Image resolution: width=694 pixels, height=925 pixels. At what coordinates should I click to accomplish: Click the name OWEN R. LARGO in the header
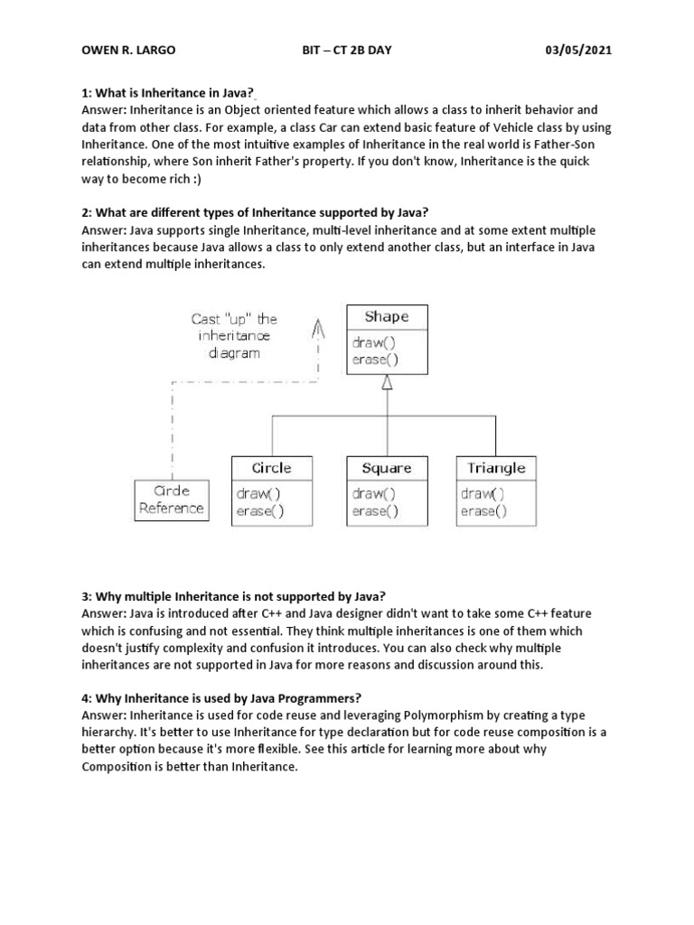click(128, 50)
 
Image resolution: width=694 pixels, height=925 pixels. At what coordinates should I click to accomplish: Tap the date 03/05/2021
click(574, 50)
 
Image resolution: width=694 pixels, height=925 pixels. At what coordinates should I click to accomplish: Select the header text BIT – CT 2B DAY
click(346, 50)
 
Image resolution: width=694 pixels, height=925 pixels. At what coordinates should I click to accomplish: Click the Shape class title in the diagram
click(387, 317)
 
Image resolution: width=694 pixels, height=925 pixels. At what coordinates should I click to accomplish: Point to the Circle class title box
click(271, 467)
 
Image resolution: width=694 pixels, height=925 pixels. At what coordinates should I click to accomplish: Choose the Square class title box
click(386, 467)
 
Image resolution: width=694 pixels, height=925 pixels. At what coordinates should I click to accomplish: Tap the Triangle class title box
click(496, 467)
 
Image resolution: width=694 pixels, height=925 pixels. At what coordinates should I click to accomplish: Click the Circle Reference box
click(172, 500)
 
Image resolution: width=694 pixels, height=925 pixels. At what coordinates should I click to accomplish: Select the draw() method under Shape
click(375, 343)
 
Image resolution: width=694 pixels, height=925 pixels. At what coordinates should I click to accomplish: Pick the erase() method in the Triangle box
click(483, 510)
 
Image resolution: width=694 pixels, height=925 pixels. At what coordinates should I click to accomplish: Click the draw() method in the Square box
click(375, 493)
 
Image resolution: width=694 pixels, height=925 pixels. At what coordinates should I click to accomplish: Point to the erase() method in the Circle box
click(260, 510)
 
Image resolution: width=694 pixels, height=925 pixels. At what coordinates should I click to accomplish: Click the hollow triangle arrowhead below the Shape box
click(387, 383)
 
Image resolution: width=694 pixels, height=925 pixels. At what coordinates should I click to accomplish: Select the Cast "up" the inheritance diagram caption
click(234, 335)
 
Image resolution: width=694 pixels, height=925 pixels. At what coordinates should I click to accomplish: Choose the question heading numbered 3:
click(234, 596)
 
